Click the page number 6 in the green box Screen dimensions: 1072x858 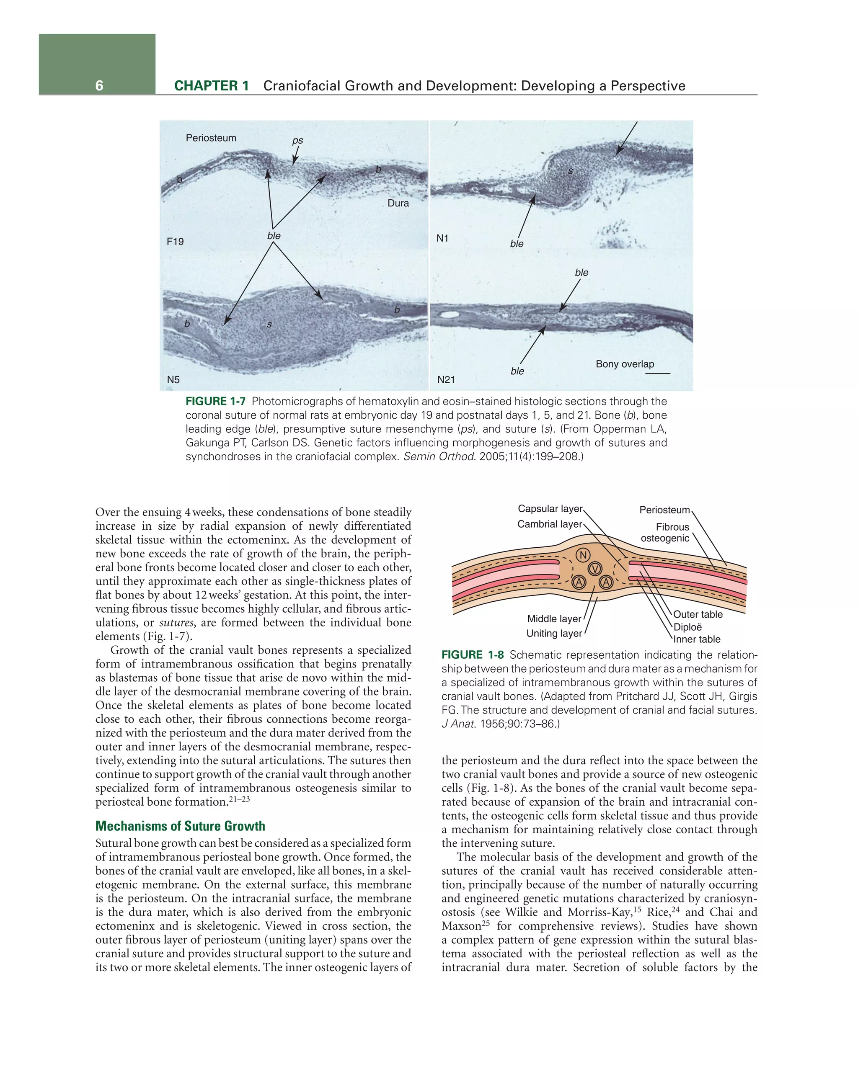click(99, 85)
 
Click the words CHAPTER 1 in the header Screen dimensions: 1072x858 click(212, 85)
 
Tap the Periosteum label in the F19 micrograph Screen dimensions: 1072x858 click(211, 138)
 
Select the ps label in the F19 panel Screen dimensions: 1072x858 click(297, 140)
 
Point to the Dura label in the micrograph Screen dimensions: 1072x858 click(398, 203)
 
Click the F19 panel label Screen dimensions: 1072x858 click(175, 242)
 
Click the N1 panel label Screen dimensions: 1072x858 click(442, 238)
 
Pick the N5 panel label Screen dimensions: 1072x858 click(173, 379)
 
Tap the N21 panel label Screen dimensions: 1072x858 click(446, 379)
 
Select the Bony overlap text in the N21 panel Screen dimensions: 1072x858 click(625, 364)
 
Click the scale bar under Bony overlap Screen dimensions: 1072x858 click(658, 374)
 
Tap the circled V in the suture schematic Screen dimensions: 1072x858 click(595, 569)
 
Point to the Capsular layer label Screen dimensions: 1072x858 click(550, 509)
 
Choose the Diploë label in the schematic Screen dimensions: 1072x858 click(687, 627)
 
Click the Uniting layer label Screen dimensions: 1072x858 click(553, 633)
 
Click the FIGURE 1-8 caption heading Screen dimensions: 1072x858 click(472, 655)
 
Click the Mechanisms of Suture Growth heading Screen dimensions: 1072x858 click(180, 826)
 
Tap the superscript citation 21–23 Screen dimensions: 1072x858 click(239, 799)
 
